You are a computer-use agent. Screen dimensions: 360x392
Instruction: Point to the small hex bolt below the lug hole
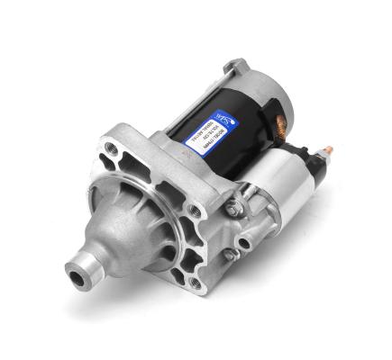click(232, 256)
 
